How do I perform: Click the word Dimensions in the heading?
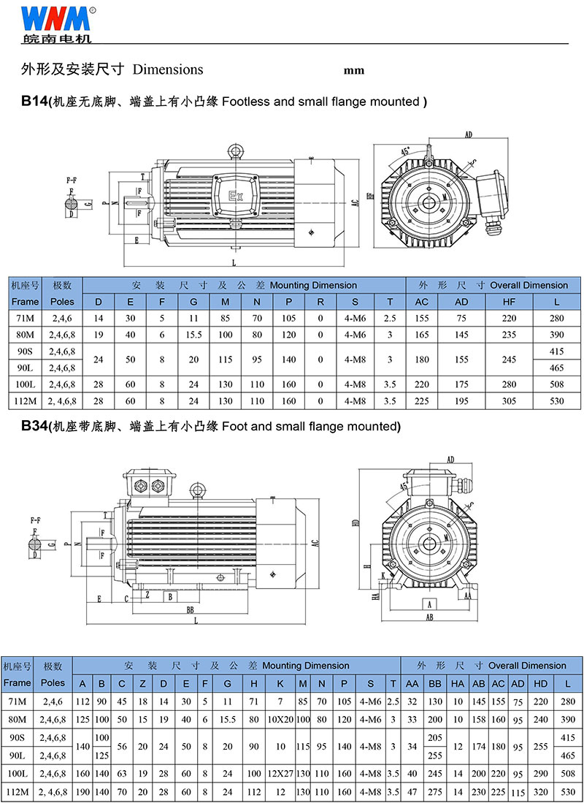168,69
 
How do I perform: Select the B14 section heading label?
34,102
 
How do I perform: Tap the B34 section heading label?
34,426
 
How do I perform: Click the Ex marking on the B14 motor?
235,196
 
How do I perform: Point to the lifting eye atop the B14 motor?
236,151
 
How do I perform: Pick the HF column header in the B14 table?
509,302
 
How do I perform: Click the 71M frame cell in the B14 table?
25,318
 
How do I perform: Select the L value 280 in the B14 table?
556,318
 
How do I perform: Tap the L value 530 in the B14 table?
556,400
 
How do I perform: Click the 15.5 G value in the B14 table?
193,335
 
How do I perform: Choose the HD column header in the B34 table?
541,683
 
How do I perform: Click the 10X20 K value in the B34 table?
280,719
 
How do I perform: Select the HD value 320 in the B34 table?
541,791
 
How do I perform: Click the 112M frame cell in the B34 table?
17,791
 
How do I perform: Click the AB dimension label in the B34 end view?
430,617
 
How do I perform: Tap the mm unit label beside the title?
353,71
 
